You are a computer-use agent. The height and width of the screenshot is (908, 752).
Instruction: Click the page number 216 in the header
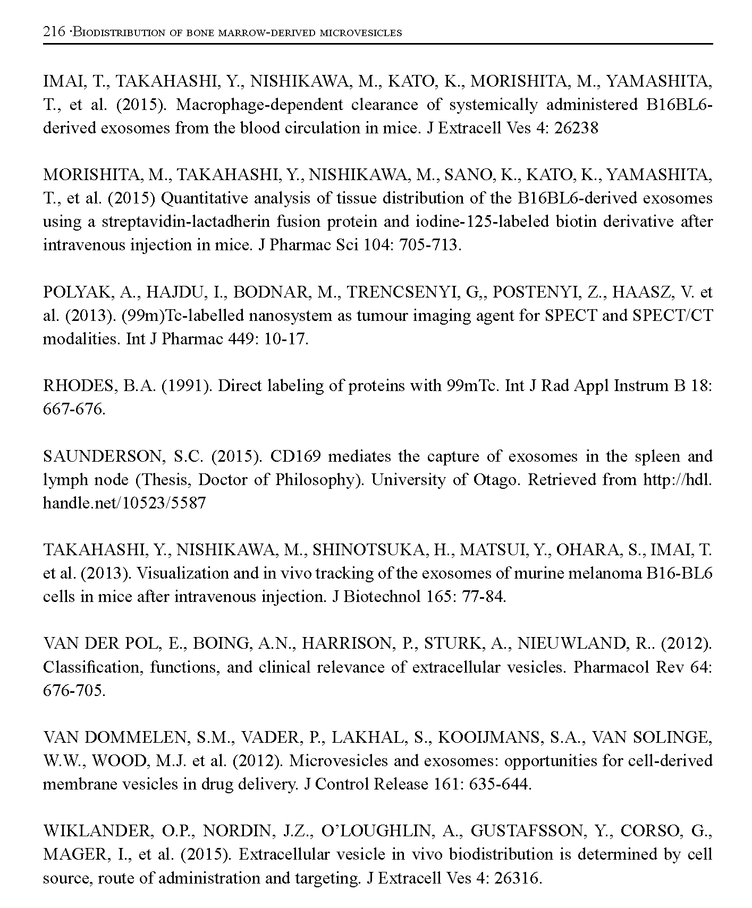click(x=54, y=32)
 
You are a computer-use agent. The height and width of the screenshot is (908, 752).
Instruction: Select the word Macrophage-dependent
click(x=259, y=104)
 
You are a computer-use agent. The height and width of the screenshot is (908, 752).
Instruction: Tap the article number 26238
click(x=576, y=128)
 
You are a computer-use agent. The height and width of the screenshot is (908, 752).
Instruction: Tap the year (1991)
click(x=187, y=386)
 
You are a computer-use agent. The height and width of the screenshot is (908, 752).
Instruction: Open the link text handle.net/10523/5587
click(x=124, y=503)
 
